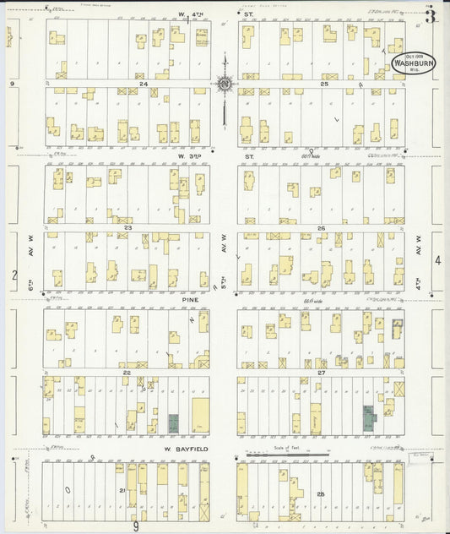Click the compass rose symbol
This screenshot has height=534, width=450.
(225, 83)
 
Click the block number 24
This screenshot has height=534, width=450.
(144, 84)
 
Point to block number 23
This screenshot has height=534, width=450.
(128, 227)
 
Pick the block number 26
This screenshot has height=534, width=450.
(321, 227)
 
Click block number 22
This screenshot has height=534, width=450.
(127, 373)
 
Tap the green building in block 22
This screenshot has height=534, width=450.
(174, 423)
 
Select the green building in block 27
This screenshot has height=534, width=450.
(369, 417)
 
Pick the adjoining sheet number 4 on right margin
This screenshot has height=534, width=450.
(437, 260)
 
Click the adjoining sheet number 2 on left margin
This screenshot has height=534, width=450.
(14, 275)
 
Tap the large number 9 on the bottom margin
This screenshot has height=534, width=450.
(134, 526)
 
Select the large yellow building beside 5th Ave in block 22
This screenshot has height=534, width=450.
(200, 416)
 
